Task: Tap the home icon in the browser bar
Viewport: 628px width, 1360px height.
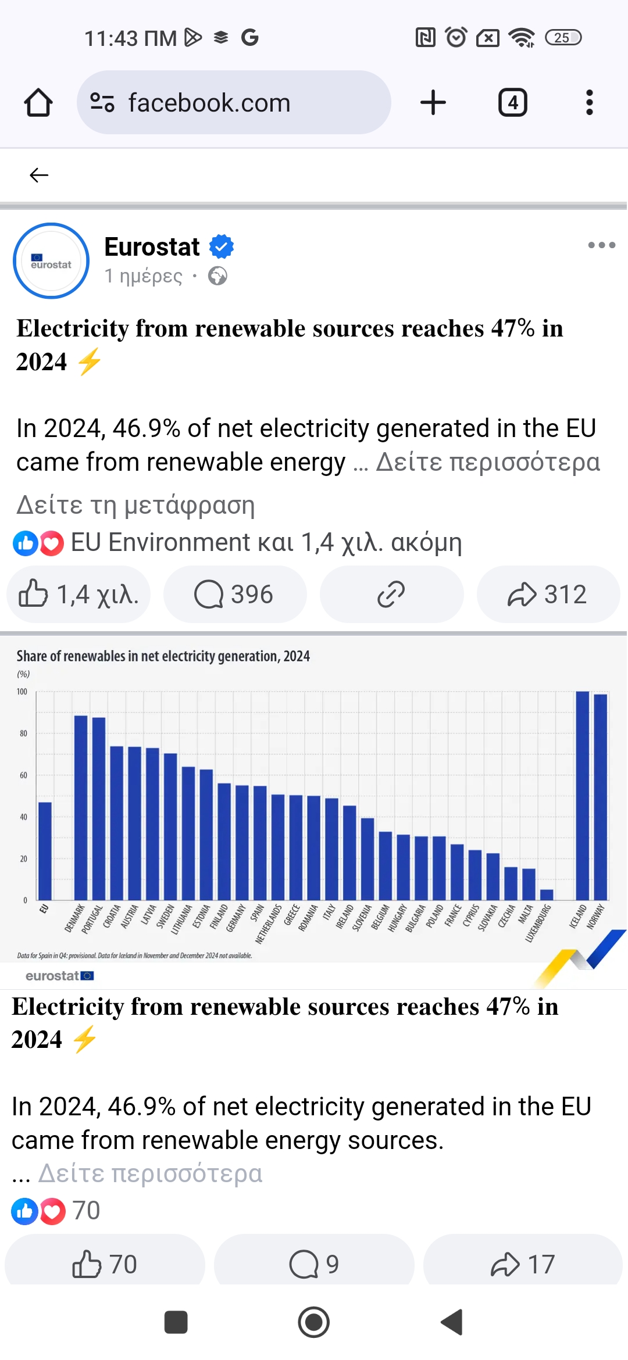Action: click(38, 103)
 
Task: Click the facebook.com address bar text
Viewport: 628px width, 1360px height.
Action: click(209, 103)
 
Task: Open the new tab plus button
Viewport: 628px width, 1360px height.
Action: click(433, 103)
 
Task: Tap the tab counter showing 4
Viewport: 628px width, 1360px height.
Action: click(512, 103)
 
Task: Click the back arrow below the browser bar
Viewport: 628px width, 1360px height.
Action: click(39, 175)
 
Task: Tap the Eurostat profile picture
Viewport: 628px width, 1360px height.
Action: click(51, 261)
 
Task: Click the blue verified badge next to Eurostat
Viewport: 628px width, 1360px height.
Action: click(222, 246)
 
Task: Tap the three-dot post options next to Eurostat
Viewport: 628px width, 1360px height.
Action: click(601, 245)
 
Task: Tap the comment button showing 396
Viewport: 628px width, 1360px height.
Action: click(234, 595)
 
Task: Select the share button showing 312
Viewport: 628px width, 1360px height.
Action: click(548, 595)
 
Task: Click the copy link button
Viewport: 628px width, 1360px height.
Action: click(391, 595)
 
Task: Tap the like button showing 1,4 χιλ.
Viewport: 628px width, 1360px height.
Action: click(78, 595)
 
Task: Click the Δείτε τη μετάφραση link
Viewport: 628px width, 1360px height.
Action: click(135, 505)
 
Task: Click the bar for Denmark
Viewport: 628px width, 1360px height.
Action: click(81, 808)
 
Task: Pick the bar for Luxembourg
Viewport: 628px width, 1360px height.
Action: click(547, 894)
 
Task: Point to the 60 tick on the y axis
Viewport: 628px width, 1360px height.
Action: click(23, 775)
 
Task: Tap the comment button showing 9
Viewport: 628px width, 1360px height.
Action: click(314, 1264)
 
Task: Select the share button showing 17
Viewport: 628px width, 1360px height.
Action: click(523, 1264)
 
